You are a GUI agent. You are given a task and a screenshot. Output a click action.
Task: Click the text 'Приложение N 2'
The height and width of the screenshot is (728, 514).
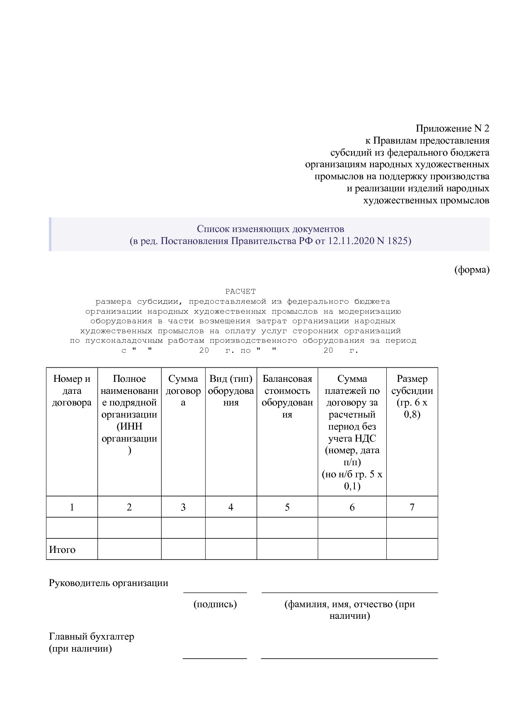tap(452, 128)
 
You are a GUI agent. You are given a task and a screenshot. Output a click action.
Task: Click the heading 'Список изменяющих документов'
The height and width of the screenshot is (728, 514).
tap(270, 229)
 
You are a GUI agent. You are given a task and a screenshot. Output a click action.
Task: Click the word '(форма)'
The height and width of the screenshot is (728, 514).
tap(472, 270)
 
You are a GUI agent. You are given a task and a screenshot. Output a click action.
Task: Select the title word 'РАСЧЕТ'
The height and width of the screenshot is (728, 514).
tap(240, 291)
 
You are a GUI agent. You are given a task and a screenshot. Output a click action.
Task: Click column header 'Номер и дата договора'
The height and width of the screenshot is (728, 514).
tap(72, 391)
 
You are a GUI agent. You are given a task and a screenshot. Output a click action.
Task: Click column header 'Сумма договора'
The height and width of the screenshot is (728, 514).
tap(183, 391)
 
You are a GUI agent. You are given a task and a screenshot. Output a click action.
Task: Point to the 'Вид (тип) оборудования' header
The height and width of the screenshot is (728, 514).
tap(231, 391)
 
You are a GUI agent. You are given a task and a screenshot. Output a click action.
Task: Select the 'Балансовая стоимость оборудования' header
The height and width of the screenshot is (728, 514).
tap(287, 396)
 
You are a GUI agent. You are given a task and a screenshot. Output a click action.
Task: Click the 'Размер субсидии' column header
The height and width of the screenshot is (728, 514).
tap(412, 396)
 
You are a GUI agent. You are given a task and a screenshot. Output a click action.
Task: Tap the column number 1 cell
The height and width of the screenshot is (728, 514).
tap(72, 507)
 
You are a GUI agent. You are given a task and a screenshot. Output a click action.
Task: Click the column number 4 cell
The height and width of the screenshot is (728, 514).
tap(231, 507)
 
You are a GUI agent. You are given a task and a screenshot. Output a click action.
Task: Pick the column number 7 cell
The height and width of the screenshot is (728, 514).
tap(412, 507)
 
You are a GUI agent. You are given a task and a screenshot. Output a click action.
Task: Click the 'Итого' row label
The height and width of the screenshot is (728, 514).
tap(63, 550)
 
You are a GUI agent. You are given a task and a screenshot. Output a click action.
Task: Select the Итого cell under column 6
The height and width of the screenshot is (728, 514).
tap(352, 549)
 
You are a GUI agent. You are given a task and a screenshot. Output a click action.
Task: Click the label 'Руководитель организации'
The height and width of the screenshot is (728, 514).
tap(109, 583)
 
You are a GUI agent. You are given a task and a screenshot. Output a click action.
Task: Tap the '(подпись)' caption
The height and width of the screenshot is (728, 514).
tap(215, 604)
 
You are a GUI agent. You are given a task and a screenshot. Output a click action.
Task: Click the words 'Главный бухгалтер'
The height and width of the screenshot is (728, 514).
tap(92, 636)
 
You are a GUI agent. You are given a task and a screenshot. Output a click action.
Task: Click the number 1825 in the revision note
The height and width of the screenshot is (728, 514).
tap(397, 241)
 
